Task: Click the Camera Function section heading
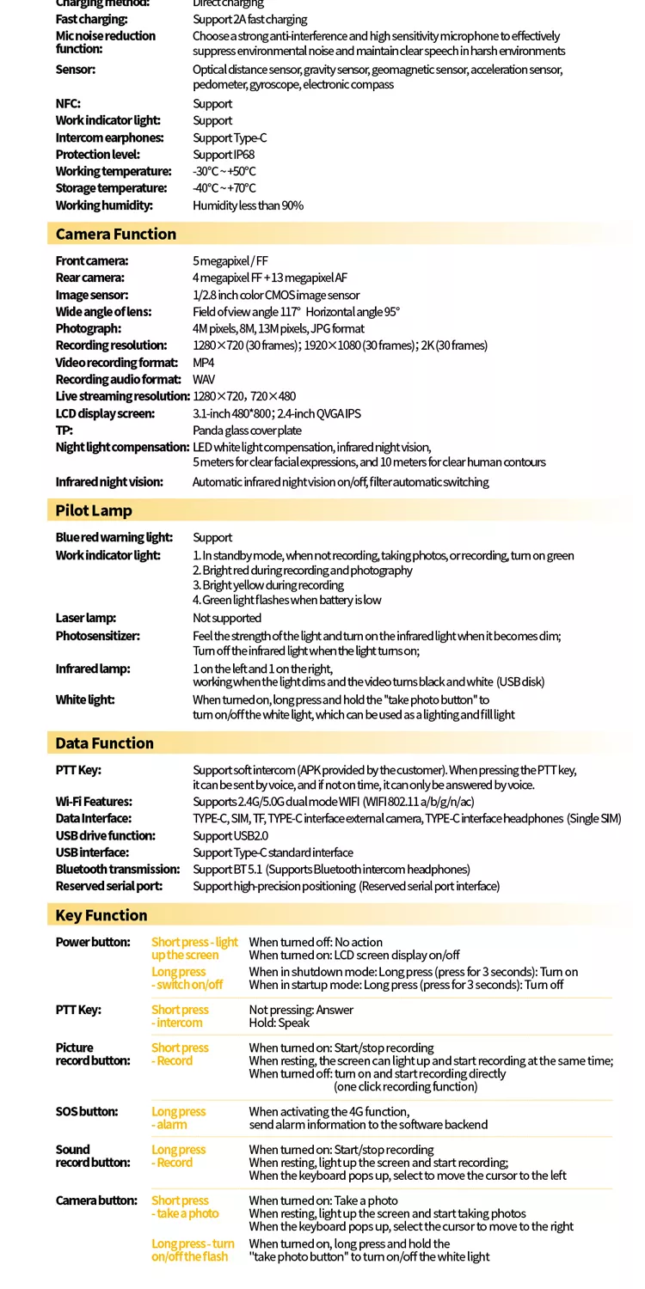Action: pyautogui.click(x=115, y=234)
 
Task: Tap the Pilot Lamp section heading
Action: pyautogui.click(x=94, y=510)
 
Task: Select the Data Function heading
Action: pyautogui.click(x=104, y=743)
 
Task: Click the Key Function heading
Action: pyautogui.click(x=101, y=915)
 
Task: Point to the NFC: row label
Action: pyautogui.click(x=68, y=104)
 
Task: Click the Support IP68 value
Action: pyautogui.click(x=224, y=155)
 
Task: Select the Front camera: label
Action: pyautogui.click(x=92, y=261)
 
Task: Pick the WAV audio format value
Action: pyautogui.click(x=204, y=380)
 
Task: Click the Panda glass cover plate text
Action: pyautogui.click(x=247, y=431)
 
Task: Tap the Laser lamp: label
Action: pyautogui.click(x=86, y=619)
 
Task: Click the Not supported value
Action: pyautogui.click(x=227, y=619)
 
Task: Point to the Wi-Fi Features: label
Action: pyautogui.click(x=94, y=802)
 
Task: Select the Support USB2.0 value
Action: pyautogui.click(x=230, y=836)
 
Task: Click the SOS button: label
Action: pyautogui.click(x=87, y=1112)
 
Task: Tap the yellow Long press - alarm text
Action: pyautogui.click(x=178, y=1118)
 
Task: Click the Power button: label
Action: pyautogui.click(x=93, y=943)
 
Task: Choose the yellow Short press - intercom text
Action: pyautogui.click(x=180, y=1017)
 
